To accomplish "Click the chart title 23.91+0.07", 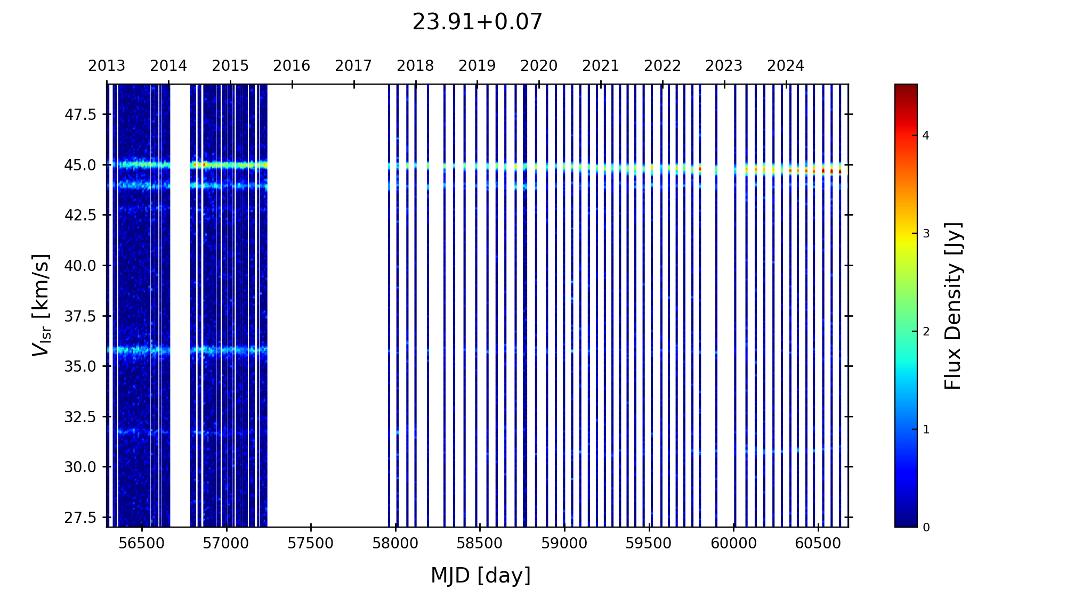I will coord(477,22).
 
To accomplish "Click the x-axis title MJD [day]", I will coord(480,576).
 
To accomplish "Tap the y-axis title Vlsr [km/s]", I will coord(41,305).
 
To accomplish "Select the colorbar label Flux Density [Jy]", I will coord(952,306).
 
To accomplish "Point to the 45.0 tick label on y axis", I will coord(80,165).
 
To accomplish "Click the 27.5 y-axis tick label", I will coord(80,518).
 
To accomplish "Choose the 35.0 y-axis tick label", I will coord(80,366).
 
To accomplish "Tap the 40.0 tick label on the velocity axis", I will coord(80,266).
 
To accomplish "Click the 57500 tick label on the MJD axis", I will coord(311,544).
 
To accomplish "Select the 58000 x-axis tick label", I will coord(395,544).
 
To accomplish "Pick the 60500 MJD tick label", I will coord(818,544).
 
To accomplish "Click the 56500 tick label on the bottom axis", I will coord(142,544).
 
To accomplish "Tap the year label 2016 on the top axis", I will coord(292,66).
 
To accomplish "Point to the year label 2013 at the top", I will coord(107,66).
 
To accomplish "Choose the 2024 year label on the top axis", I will coord(786,66).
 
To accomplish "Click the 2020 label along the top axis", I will coord(539,66).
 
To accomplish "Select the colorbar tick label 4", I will coord(926,136).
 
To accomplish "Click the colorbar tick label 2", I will coord(926,332).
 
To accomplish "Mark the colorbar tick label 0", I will coord(926,528).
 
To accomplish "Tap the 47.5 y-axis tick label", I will coord(80,114).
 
